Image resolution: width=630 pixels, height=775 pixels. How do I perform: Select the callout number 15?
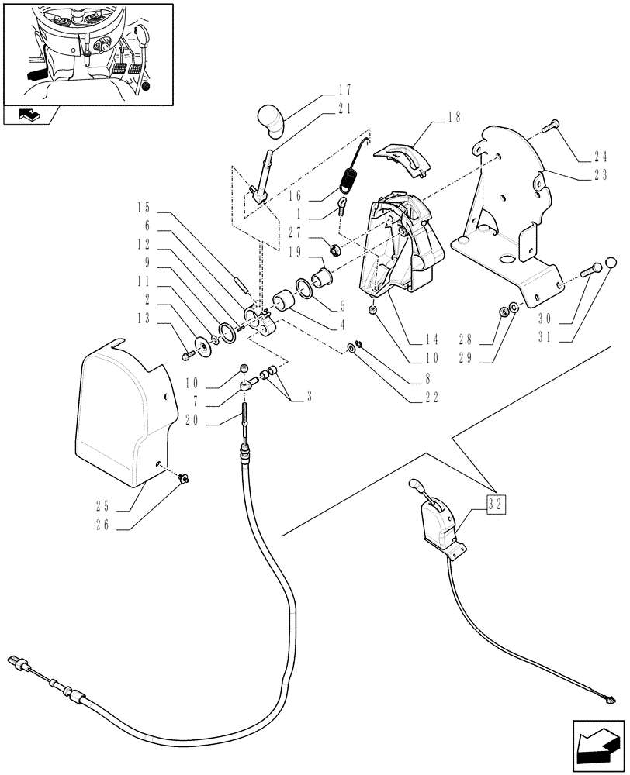144,208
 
